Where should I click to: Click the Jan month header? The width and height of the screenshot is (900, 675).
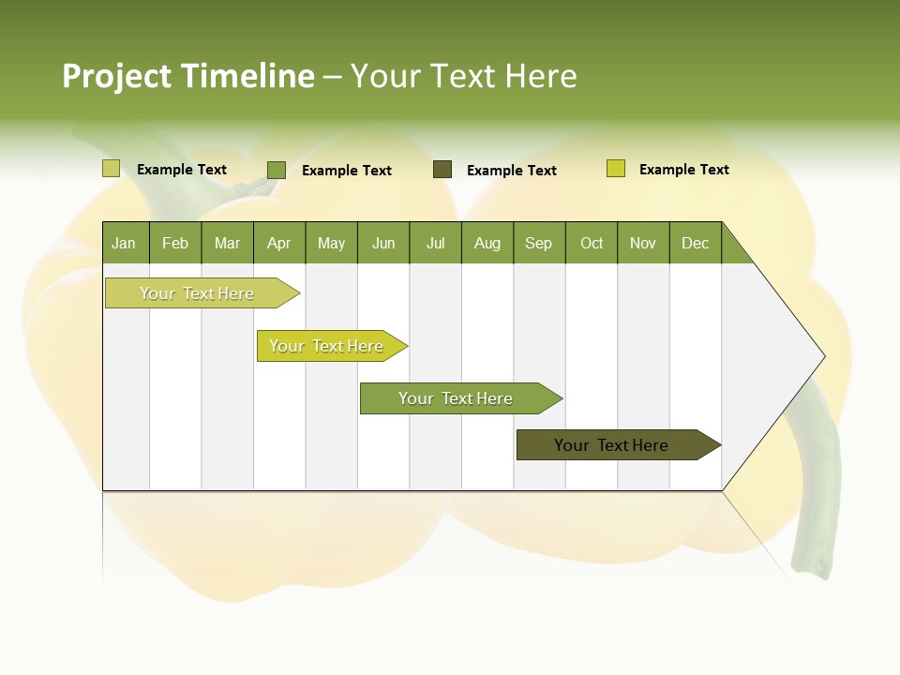[125, 243]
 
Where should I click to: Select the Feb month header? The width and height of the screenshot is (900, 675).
[175, 243]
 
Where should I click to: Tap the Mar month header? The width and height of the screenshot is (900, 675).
[227, 243]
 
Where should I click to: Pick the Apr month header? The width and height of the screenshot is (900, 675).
[279, 243]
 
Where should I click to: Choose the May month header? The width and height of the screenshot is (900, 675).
[331, 243]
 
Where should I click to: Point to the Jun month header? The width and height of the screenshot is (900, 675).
[383, 243]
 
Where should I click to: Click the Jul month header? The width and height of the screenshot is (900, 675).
[435, 243]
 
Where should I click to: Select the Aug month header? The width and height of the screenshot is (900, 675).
[487, 243]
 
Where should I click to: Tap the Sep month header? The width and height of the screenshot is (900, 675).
[539, 243]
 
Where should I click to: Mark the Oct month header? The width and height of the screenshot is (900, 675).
[592, 243]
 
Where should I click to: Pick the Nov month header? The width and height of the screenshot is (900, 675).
[643, 243]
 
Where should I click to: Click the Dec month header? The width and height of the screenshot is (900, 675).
[696, 243]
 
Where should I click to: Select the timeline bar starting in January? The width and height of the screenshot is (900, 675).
[198, 293]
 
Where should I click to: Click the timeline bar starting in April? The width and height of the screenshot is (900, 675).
[327, 346]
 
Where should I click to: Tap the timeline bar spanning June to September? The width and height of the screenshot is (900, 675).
[457, 398]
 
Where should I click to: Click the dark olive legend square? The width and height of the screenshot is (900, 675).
[442, 170]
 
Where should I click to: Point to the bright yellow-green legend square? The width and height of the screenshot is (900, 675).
[616, 169]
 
